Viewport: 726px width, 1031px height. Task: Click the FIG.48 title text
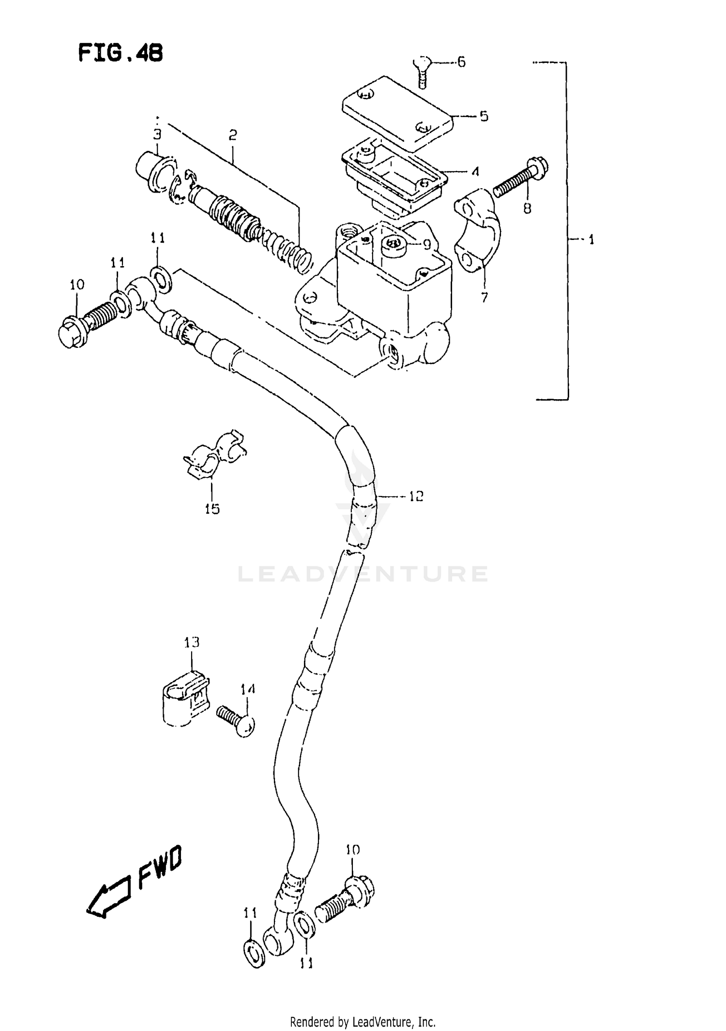pos(121,53)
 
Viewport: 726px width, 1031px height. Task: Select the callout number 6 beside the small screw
pos(461,62)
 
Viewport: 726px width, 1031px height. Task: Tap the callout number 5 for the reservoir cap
pos(484,117)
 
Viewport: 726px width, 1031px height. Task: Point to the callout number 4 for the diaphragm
pos(475,171)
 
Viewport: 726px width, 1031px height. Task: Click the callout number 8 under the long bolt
pos(527,209)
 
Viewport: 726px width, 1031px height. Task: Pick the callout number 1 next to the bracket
pos(591,239)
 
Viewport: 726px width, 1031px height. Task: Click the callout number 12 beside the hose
pos(416,496)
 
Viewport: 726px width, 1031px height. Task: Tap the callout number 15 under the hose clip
pos(212,508)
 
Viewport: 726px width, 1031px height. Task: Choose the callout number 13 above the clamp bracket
pos(192,643)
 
